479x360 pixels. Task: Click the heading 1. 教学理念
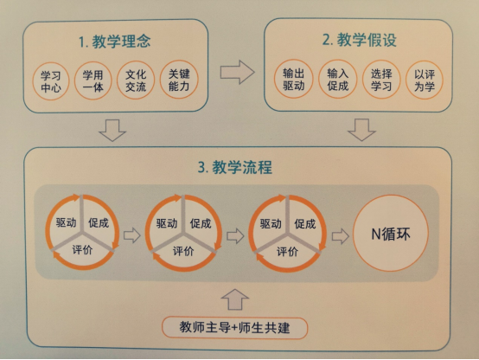coord(114,42)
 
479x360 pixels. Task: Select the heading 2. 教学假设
coord(360,40)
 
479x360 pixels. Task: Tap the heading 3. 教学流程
coord(235,167)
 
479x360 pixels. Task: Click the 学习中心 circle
coord(51,81)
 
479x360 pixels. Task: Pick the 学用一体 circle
coord(93,80)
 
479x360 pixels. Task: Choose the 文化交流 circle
coord(136,80)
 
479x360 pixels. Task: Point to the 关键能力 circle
coord(179,80)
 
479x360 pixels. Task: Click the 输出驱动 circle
coord(293,79)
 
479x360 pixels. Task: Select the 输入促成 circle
coord(337,79)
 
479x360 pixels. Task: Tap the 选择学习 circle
coord(381,80)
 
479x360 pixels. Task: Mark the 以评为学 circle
coord(425,80)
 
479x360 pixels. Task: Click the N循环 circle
coord(391,234)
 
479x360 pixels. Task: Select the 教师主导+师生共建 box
coord(234,328)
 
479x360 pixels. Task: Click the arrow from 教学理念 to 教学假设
coord(237,72)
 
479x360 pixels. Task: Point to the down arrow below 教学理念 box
coord(112,131)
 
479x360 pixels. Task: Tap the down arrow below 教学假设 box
coord(361,130)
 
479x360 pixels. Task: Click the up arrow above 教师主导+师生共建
coord(235,299)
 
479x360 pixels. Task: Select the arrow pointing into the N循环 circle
coord(341,236)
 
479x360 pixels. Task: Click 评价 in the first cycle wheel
coord(82,250)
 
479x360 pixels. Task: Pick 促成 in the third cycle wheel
coord(304,224)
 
